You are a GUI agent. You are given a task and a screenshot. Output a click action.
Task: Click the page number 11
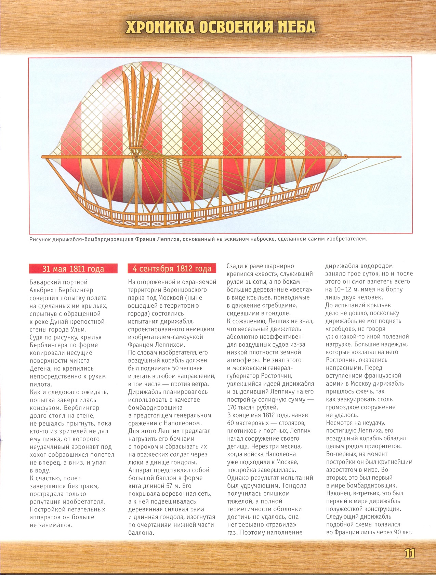tap(409, 553)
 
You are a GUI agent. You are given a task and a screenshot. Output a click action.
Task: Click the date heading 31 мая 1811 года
tap(73, 269)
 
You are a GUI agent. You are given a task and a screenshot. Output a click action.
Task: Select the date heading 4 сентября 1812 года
tap(172, 269)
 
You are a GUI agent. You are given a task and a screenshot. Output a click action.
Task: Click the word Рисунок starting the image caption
tap(40, 239)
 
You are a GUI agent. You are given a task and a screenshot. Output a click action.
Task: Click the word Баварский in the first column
tap(43, 282)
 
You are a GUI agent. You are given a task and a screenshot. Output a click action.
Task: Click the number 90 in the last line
tap(394, 532)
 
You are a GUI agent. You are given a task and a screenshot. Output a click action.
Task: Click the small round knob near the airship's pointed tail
tap(346, 156)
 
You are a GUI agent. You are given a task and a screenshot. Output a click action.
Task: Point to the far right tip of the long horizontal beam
tap(400, 157)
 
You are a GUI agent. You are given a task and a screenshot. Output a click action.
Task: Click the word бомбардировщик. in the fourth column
tap(373, 485)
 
